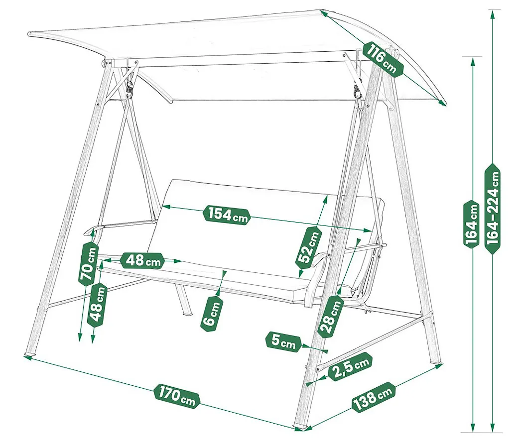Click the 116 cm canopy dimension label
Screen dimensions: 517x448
384,59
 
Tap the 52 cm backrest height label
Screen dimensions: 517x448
308,246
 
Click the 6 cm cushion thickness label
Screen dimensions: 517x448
211,314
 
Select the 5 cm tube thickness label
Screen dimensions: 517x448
283,342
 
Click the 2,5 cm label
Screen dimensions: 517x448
351,366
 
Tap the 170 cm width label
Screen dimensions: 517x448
177,396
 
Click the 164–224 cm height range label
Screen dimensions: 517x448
493,209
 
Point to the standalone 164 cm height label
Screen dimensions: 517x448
472,224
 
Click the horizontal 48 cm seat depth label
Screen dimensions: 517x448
142,260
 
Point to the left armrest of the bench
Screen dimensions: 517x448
119,225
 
